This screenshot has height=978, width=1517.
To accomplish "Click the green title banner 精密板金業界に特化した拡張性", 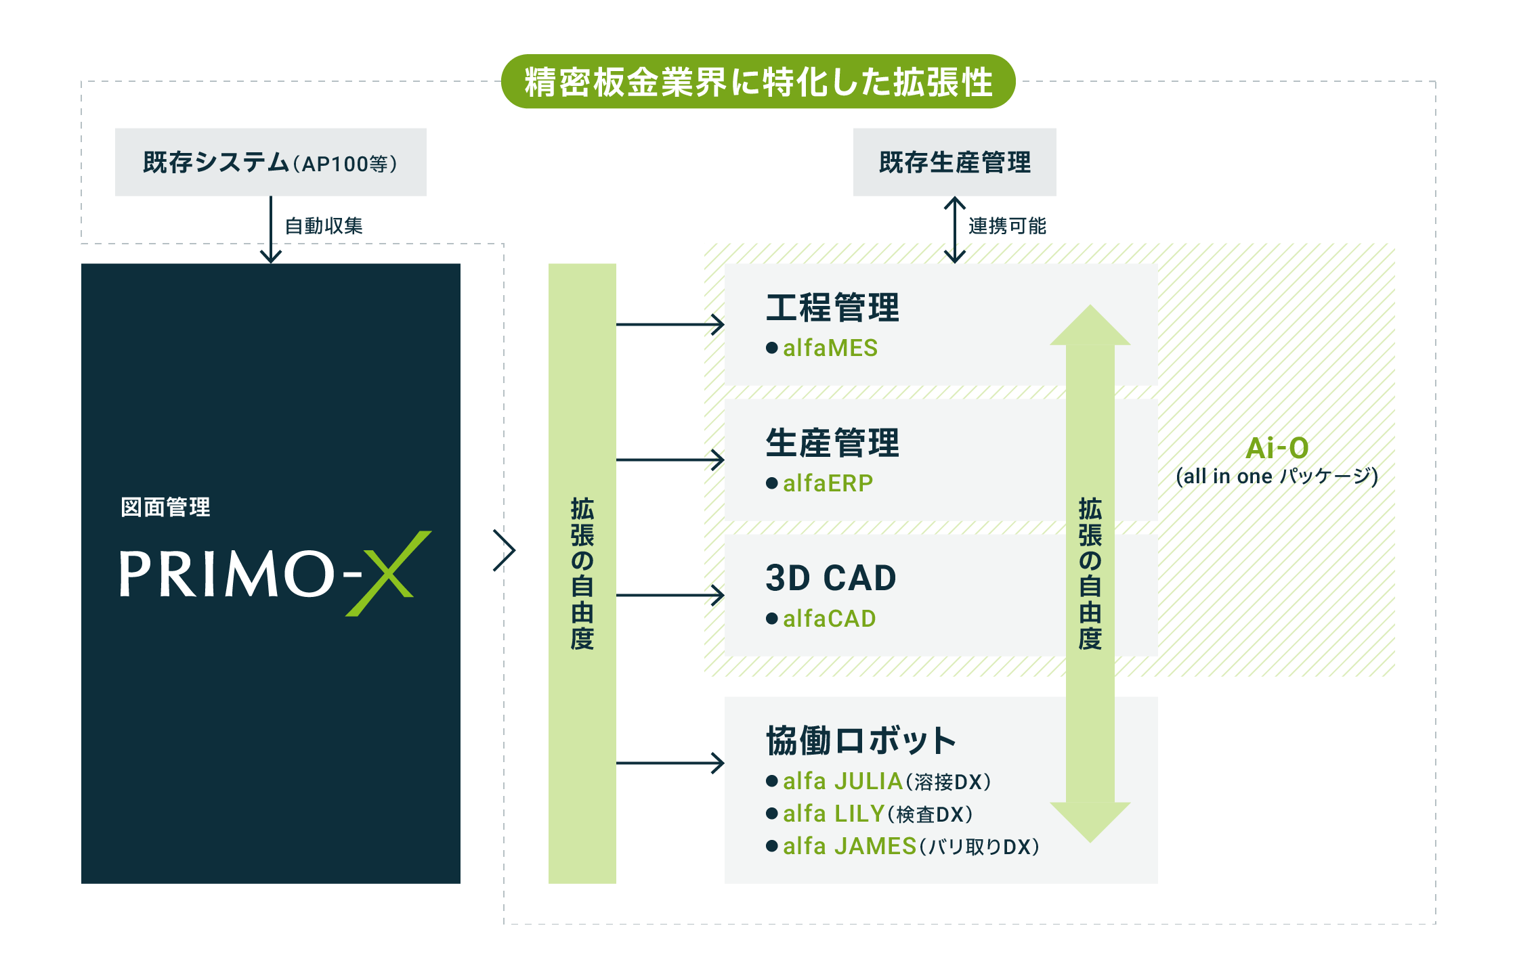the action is coord(758,81).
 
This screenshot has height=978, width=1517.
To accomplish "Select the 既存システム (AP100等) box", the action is coord(271,162).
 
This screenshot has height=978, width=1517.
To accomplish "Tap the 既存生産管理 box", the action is coord(955,162).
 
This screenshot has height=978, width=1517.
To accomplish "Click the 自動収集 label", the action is coord(324,225).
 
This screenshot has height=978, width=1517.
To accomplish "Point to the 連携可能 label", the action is coord(1007,225).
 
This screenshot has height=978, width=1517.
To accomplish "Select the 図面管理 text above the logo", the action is coord(165,507).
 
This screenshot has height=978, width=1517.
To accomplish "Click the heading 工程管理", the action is coord(832,307).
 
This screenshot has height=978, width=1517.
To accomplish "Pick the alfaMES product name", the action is coord(830,348).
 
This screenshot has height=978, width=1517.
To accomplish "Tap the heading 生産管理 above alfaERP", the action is coord(832,443).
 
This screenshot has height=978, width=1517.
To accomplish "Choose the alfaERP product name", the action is coord(828,483).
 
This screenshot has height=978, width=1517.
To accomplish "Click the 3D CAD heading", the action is coord(831,578).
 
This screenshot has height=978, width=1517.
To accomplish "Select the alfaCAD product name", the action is coord(830,619).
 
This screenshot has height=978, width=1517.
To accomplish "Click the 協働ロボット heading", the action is coord(861,740).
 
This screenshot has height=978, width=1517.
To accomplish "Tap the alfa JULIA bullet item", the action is coord(878,781).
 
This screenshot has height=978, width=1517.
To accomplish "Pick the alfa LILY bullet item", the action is coord(870,814).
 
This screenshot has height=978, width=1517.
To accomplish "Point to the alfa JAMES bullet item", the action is coord(903,846).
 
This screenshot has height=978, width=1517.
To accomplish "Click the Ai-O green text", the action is coord(1277,448).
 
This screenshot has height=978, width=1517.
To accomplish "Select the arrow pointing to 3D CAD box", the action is coord(670,596).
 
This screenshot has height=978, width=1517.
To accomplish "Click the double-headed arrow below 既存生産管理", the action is coord(955,229).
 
